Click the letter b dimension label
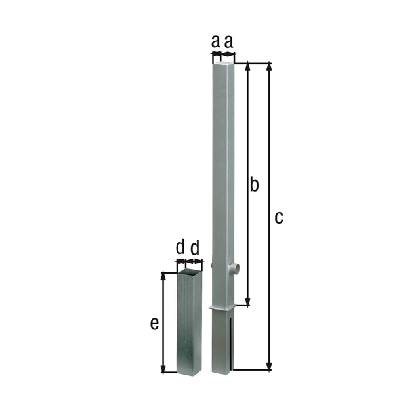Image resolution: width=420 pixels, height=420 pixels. [254, 185]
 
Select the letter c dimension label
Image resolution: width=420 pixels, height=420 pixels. [278, 218]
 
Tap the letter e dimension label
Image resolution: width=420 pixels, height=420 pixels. [154, 324]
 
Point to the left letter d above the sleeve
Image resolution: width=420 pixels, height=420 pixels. [180, 248]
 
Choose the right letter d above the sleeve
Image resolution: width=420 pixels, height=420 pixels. [195, 248]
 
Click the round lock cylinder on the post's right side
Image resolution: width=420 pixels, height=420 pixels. [236, 268]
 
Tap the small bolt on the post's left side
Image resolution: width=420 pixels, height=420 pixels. [213, 265]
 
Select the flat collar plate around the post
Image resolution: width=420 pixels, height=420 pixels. [223, 308]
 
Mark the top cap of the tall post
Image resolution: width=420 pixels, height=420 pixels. [223, 62]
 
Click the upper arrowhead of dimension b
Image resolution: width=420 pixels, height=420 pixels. [248, 67]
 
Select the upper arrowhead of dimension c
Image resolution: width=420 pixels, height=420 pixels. [268, 67]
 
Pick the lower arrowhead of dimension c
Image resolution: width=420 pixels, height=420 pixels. [268, 366]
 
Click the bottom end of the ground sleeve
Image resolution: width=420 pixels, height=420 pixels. [190, 372]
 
